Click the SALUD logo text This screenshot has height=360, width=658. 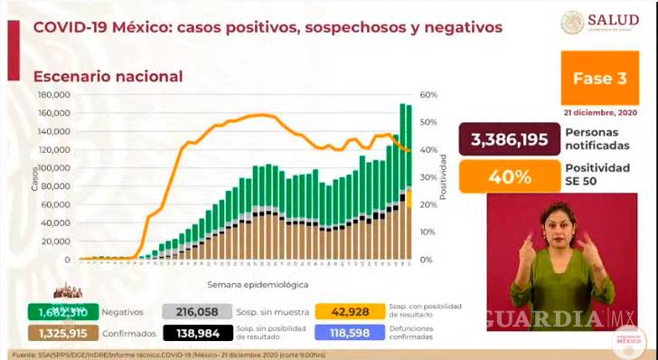[613, 19]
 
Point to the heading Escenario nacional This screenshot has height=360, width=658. [108, 77]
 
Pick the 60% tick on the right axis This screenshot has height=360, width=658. [429, 94]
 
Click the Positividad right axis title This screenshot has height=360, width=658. [444, 177]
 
